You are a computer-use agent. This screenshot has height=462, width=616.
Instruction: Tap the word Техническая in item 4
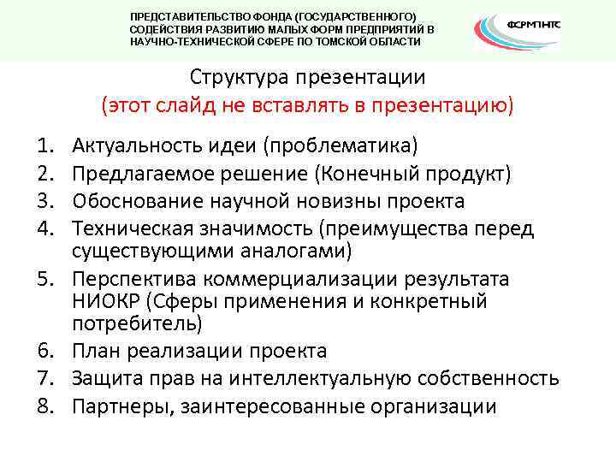pyautogui.click(x=128, y=229)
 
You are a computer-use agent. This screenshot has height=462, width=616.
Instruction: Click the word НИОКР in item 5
pyautogui.click(x=102, y=302)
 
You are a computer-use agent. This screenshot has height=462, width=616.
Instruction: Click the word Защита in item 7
pyautogui.click(x=105, y=378)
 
